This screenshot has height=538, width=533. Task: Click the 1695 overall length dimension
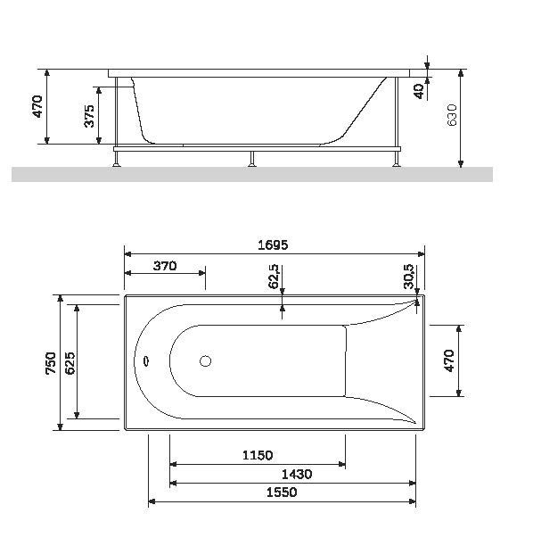(x=274, y=244)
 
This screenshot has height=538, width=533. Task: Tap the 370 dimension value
(x=165, y=265)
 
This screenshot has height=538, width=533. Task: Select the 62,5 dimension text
(x=275, y=277)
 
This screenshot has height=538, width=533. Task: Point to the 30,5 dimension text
(x=408, y=277)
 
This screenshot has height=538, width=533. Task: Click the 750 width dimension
(x=52, y=364)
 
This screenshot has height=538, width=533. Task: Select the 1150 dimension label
(x=258, y=455)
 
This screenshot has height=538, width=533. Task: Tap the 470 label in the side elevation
(x=37, y=107)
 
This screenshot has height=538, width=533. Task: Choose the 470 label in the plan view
(x=449, y=360)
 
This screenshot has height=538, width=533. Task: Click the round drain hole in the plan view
(x=206, y=361)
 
